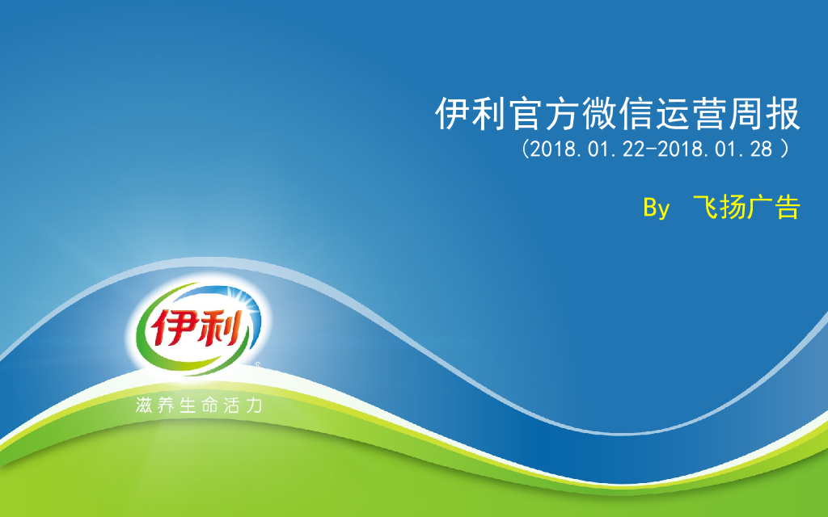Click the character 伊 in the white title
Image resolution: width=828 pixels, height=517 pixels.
click(x=454, y=115)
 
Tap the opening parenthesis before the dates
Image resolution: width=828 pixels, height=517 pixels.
click(x=526, y=149)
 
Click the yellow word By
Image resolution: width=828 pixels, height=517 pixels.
click(x=657, y=208)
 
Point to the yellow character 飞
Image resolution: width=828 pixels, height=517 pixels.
click(x=708, y=208)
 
